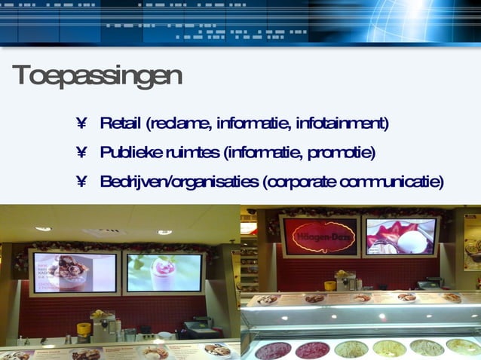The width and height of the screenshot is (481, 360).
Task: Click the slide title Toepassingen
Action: click(97, 76)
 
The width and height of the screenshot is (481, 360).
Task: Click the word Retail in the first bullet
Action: click(121, 123)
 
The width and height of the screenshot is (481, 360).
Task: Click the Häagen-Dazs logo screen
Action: click(320, 236)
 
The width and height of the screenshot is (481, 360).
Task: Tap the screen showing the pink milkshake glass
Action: click(164, 272)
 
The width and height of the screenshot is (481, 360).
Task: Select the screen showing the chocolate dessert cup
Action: click(74, 272)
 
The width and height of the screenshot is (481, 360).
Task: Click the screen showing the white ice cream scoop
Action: click(400, 236)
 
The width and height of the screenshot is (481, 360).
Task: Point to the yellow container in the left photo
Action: click(84, 329)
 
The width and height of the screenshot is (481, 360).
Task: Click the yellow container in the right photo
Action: click(329, 285)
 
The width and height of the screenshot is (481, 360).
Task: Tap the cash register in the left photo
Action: click(198, 327)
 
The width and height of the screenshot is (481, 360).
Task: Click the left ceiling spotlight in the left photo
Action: click(43, 228)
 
